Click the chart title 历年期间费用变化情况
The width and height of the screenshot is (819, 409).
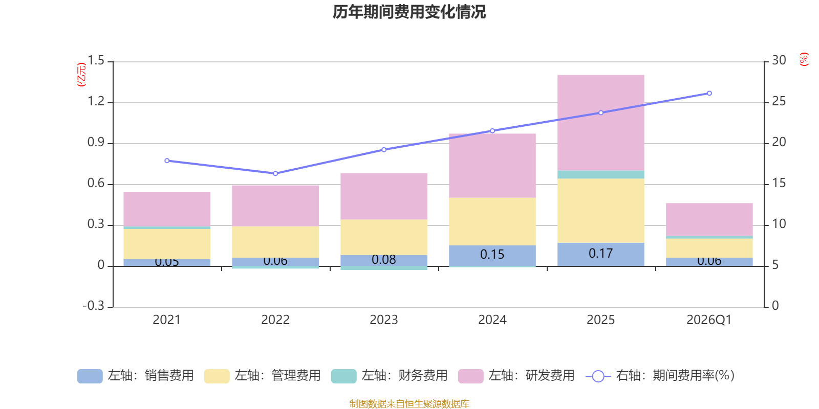point(409,12)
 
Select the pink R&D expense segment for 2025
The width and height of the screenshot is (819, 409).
point(600,123)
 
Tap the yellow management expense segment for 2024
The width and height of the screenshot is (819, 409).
point(492,221)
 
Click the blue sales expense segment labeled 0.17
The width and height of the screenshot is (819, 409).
point(600,254)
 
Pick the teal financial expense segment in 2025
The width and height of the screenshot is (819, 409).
point(600,174)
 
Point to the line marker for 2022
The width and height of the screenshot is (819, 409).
point(275,173)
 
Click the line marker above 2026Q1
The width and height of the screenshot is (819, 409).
point(709,94)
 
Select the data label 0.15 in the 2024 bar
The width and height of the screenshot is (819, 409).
point(492,254)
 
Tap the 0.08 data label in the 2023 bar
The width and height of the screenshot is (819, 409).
point(383,260)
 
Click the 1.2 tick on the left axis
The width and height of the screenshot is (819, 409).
point(96,102)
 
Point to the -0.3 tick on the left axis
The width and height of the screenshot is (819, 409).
point(93,306)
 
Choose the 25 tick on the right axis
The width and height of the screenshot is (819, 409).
point(779,102)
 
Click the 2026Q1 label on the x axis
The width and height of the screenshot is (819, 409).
point(709,320)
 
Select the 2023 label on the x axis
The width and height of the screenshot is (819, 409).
point(383,320)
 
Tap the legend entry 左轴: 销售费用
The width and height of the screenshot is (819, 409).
point(136,376)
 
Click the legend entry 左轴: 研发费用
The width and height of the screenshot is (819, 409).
point(516,376)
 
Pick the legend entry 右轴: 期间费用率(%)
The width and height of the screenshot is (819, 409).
point(660,376)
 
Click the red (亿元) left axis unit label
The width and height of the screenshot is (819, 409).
point(81,75)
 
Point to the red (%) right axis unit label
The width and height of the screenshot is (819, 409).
point(804,59)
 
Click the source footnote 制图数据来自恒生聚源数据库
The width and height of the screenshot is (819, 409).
point(409,404)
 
